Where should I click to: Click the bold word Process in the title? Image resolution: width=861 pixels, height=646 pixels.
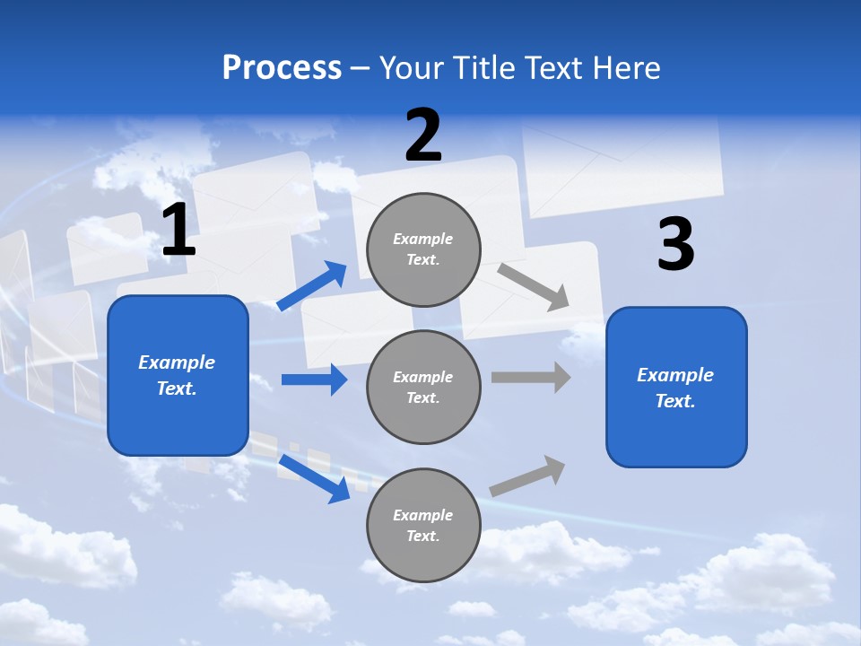282,68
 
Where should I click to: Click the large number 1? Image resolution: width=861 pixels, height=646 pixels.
178,231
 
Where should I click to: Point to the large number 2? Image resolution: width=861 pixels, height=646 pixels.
423,135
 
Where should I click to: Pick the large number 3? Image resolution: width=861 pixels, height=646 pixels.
675,244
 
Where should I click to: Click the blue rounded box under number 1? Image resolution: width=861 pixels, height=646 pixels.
178,375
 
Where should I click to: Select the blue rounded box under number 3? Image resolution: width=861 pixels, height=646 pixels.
676,387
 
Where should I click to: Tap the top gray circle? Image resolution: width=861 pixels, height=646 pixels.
423,249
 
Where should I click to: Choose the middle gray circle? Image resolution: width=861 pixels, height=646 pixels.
423,387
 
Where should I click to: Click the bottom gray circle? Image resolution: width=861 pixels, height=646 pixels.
423,525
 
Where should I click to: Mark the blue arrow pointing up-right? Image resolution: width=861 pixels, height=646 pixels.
312,286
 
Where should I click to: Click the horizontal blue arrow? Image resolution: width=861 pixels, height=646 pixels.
314,380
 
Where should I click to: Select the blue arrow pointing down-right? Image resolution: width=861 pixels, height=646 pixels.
314,478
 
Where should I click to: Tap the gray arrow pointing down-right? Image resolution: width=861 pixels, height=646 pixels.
534,286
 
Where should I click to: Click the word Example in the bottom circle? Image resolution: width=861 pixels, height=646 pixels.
423,515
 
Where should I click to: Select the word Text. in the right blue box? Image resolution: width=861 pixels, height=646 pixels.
675,401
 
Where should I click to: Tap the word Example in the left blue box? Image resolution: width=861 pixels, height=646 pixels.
177,362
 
